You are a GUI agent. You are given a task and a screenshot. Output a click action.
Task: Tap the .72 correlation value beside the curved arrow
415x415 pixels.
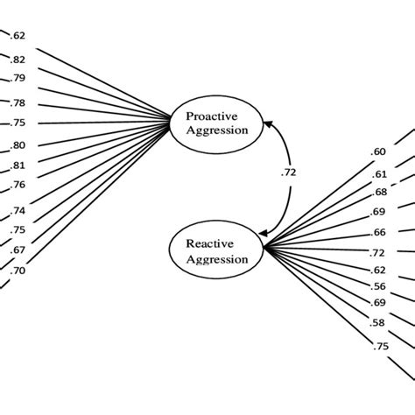(288, 172)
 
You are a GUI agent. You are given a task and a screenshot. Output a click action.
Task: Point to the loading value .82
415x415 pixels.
(18, 60)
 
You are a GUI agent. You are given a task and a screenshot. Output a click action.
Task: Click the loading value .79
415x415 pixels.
(18, 79)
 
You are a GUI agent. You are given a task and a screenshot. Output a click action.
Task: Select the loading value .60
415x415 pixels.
(378, 151)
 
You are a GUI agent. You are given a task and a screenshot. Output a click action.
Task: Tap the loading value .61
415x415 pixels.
(378, 175)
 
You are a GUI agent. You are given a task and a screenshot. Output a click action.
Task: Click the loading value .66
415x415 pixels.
(378, 232)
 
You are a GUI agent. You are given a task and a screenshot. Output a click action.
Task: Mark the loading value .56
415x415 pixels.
(378, 286)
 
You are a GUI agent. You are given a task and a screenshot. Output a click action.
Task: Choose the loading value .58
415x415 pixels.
(378, 324)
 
